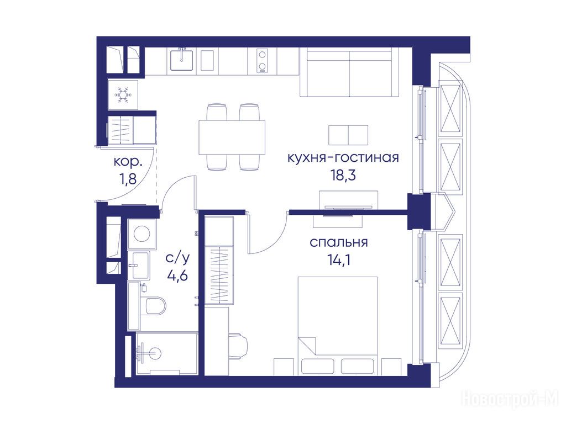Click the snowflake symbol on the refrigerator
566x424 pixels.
click(x=123, y=95)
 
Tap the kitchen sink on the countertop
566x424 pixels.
click(x=181, y=60)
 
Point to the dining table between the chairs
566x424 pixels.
click(x=232, y=137)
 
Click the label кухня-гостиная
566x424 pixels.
click(x=343, y=158)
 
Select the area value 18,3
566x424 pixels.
click(x=343, y=175)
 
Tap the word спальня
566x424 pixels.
click(x=339, y=243)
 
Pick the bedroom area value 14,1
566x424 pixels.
click(x=339, y=259)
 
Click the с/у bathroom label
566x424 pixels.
click(x=177, y=258)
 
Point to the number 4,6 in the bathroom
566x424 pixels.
click(x=177, y=275)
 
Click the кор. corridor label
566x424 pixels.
click(x=128, y=162)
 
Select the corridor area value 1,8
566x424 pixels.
click(x=128, y=179)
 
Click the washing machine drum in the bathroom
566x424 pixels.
click(x=142, y=234)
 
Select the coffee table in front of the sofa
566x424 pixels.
click(x=348, y=135)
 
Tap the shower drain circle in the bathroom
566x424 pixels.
click(x=155, y=353)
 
